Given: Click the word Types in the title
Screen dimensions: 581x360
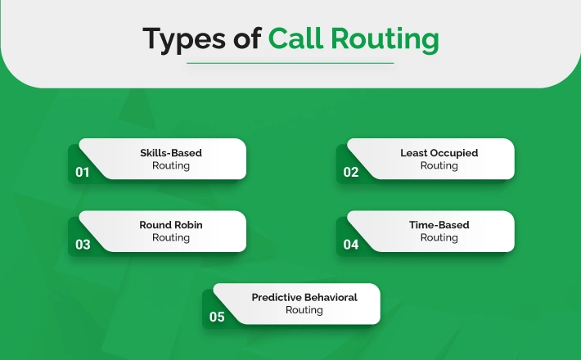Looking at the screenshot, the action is [184, 39].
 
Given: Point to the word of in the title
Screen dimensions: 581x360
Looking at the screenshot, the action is [247, 38].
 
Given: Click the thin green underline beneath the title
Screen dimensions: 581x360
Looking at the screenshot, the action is [290, 63].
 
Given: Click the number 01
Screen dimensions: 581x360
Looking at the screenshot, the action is [83, 172].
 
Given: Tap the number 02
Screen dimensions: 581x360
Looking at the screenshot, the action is [350, 172].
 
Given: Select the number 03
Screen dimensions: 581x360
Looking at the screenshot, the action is [83, 245].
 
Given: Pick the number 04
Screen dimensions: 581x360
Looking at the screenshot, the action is [350, 245].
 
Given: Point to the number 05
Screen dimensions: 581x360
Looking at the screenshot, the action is [217, 317].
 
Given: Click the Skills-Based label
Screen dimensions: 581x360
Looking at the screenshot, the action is [171, 153].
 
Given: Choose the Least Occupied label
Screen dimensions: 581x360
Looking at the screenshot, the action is [439, 153].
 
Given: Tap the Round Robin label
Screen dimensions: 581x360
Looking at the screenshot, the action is [171, 225].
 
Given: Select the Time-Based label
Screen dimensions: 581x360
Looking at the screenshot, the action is [439, 225].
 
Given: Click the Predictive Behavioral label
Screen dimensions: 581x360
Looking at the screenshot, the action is [304, 297].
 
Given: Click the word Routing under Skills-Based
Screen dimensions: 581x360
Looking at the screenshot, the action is [171, 166].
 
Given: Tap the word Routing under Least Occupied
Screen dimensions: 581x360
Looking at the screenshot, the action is [439, 166].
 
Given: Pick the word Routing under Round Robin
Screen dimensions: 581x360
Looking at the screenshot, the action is [171, 238].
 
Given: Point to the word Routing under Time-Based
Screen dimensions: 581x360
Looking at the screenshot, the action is [439, 238].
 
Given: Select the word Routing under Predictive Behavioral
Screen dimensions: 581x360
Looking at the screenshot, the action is [304, 310].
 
